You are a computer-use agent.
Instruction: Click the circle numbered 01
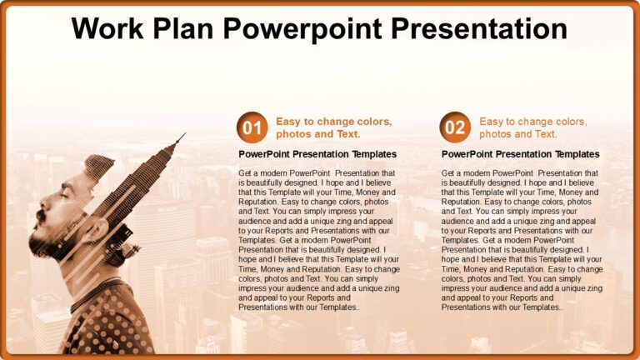pos(252,127)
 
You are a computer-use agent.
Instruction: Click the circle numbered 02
pos(455,127)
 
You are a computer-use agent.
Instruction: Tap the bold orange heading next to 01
pos(333,127)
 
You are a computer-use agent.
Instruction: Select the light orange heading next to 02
pos(533,127)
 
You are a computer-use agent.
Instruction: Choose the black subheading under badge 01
pos(317,154)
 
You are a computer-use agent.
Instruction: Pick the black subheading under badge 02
pos(521,154)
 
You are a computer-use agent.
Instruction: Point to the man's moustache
pos(39,215)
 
